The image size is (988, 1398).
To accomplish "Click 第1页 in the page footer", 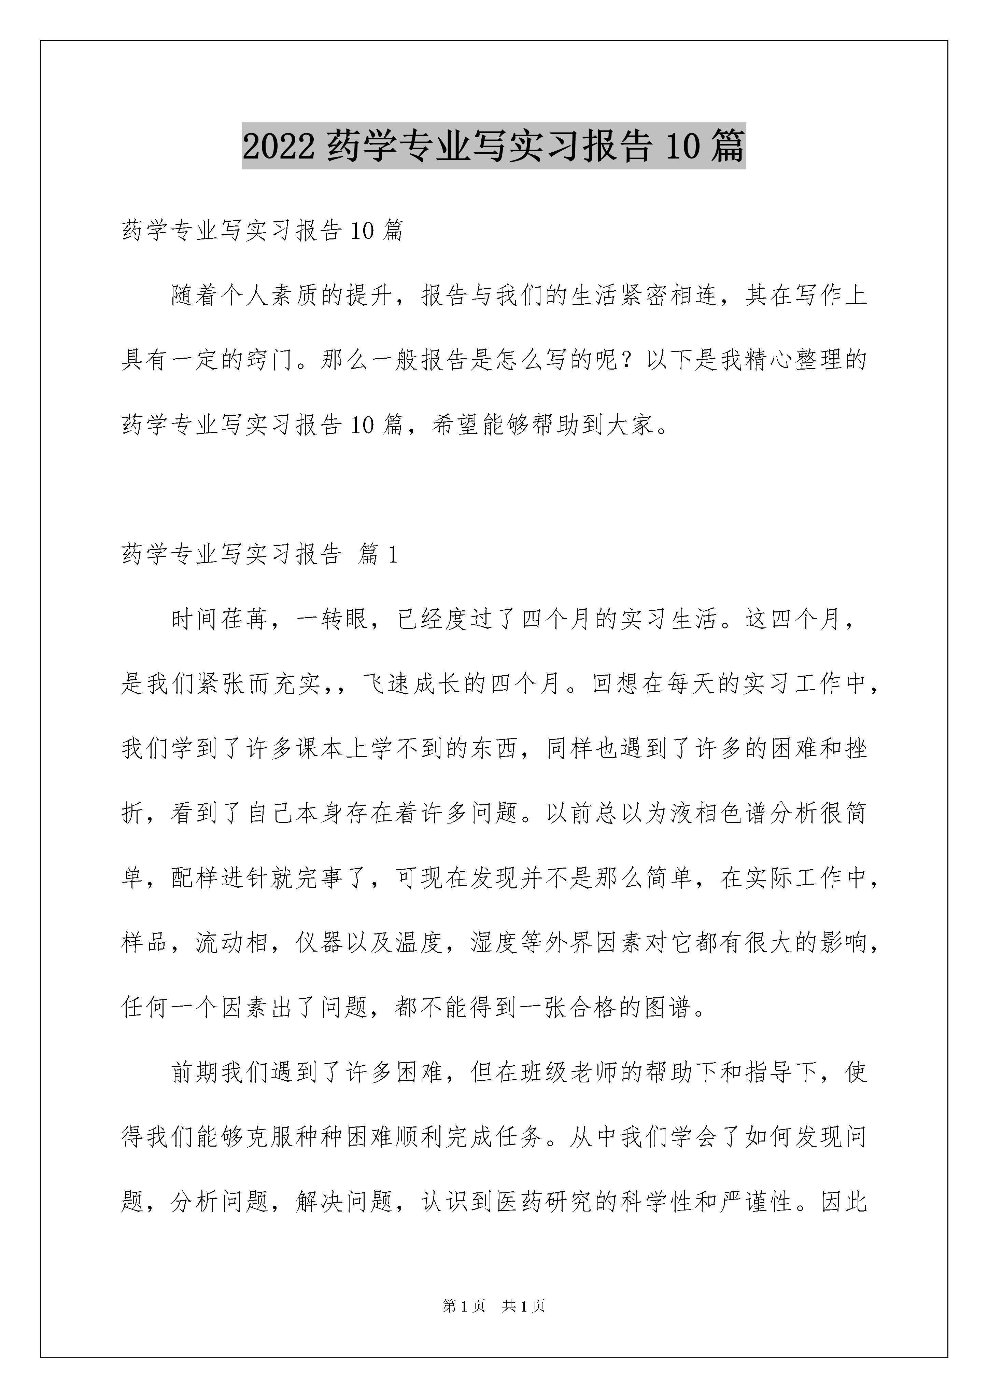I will point(464,1305).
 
